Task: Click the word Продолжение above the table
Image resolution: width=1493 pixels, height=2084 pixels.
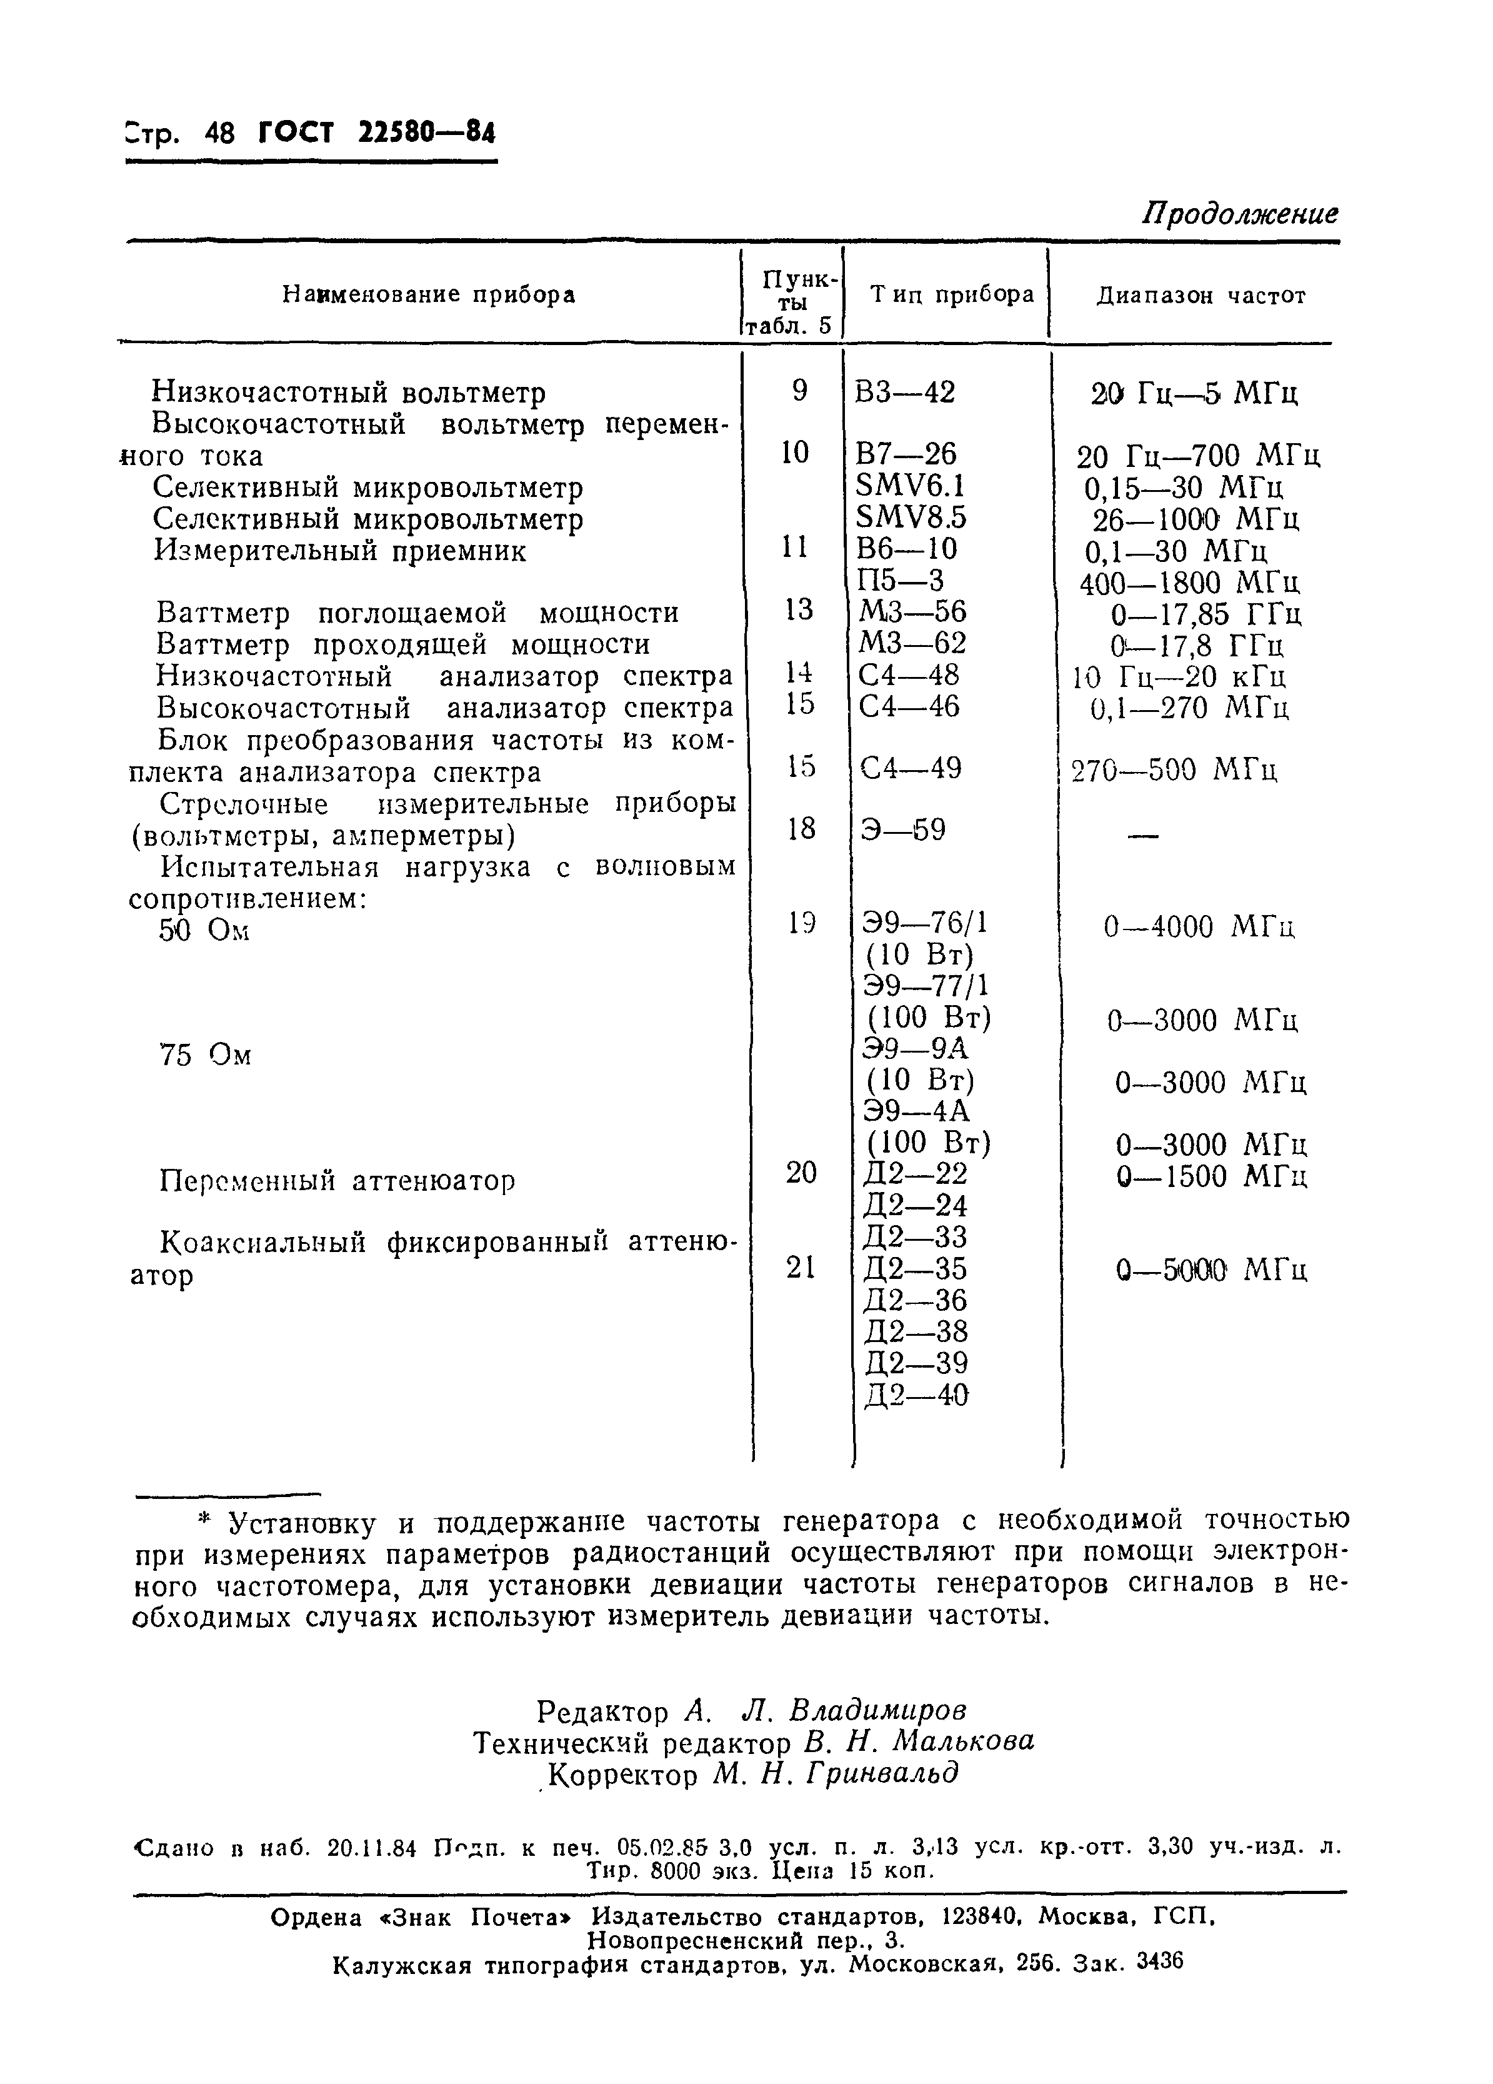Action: click(x=1239, y=214)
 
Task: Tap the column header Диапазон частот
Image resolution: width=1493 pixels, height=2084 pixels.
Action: click(x=1201, y=296)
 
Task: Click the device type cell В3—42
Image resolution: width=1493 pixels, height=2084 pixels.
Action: click(x=904, y=393)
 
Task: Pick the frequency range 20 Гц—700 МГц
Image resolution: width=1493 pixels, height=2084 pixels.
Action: click(x=1198, y=456)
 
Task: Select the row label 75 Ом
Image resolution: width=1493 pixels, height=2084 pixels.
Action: click(x=204, y=1055)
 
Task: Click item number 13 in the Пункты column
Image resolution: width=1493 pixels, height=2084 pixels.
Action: click(x=799, y=609)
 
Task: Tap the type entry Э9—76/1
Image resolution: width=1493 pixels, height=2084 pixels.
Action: click(x=925, y=923)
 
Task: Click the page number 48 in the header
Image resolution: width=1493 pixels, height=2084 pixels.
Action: click(x=221, y=134)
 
